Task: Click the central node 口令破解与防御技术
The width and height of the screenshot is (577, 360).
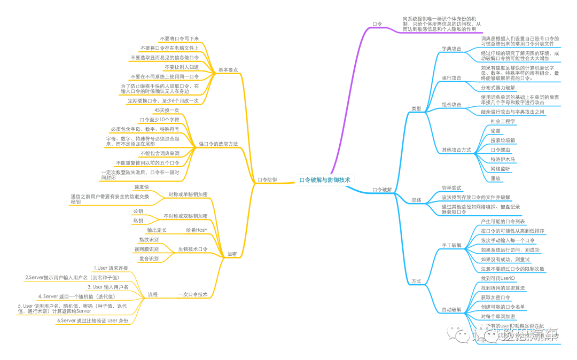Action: tap(325, 180)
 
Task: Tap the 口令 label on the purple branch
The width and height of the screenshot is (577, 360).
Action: tap(377, 24)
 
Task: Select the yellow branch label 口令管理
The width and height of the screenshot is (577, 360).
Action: tap(267, 180)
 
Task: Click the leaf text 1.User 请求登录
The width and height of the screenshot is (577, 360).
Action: tap(111, 268)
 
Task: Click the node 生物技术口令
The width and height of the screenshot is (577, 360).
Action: tap(193, 249)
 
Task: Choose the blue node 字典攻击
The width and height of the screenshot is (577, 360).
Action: tap(451, 49)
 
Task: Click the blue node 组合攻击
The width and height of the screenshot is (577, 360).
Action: tap(451, 104)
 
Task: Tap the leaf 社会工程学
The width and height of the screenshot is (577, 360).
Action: tap(503, 122)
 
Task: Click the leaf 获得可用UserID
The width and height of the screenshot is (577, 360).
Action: tap(498, 278)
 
